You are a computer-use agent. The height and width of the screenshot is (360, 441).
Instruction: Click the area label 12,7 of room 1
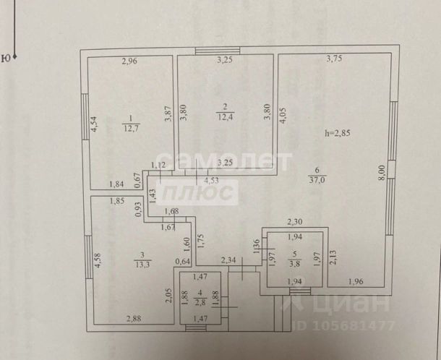pos(130,130)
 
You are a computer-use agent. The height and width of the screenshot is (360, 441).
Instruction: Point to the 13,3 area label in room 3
pos(142,264)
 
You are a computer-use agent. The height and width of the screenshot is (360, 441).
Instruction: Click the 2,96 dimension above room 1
pos(129,61)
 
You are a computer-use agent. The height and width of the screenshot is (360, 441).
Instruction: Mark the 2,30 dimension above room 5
pos(295,223)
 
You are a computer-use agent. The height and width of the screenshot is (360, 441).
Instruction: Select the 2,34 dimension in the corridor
pos(228,260)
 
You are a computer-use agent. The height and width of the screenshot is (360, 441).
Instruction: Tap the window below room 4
pos(194,327)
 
